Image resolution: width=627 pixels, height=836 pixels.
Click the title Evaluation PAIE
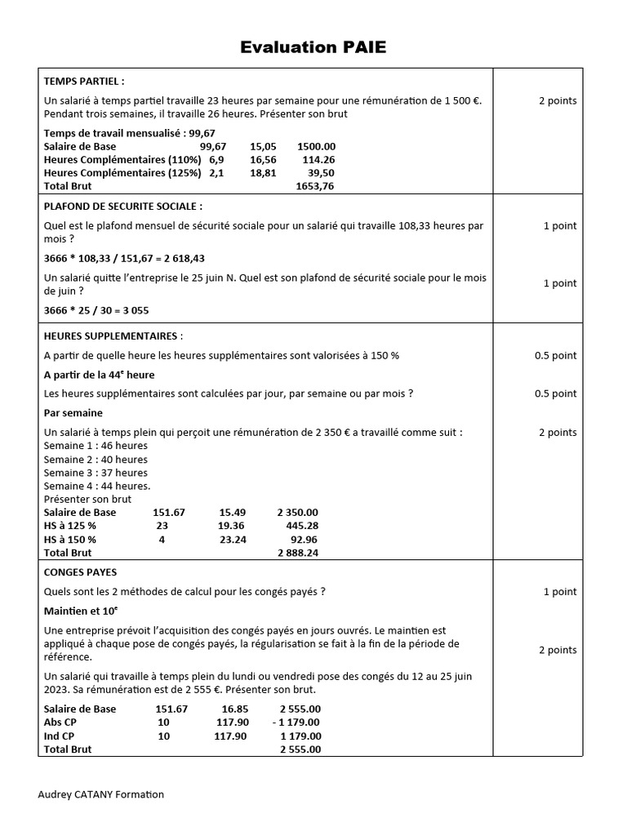[313, 47]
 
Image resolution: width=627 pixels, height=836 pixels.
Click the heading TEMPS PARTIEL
[84, 82]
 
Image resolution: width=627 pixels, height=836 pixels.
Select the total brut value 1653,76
[314, 186]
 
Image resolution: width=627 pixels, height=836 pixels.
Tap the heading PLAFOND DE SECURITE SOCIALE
[123, 207]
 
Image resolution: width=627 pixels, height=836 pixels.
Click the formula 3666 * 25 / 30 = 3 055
[96, 310]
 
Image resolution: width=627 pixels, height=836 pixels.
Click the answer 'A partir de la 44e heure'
[99, 375]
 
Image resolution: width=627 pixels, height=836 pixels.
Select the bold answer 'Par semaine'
[73, 413]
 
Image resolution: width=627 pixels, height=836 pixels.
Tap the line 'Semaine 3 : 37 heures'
[96, 473]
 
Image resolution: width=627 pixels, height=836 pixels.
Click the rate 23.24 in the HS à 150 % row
[233, 540]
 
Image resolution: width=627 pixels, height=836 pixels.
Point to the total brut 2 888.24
[298, 553]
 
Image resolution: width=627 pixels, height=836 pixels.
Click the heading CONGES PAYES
[80, 572]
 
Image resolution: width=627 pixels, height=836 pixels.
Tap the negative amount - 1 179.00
[296, 722]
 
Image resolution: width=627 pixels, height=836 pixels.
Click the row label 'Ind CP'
[59, 736]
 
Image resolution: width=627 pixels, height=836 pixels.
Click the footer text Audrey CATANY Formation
[101, 794]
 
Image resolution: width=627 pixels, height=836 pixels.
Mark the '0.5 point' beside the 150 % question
[555, 355]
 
